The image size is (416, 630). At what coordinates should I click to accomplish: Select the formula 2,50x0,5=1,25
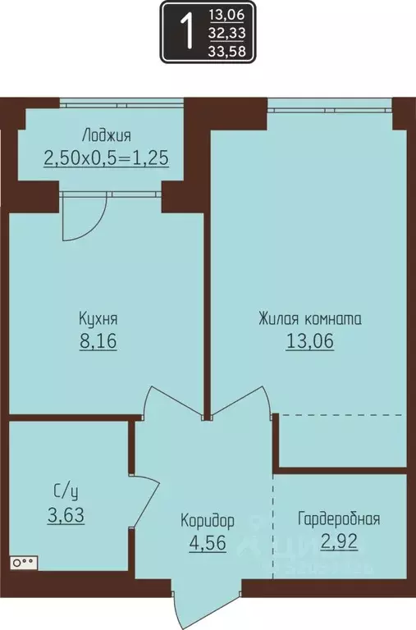[x=106, y=157]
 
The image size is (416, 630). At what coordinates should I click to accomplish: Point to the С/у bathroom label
[x=67, y=493]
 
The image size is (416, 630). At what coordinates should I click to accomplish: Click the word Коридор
[x=208, y=520]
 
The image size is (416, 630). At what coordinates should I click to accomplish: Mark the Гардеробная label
[x=339, y=519]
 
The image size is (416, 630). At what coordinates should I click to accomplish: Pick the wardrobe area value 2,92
[x=339, y=541]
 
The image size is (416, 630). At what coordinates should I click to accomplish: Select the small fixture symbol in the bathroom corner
[x=24, y=563]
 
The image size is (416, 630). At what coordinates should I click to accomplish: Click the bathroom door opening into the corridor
[x=146, y=500]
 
